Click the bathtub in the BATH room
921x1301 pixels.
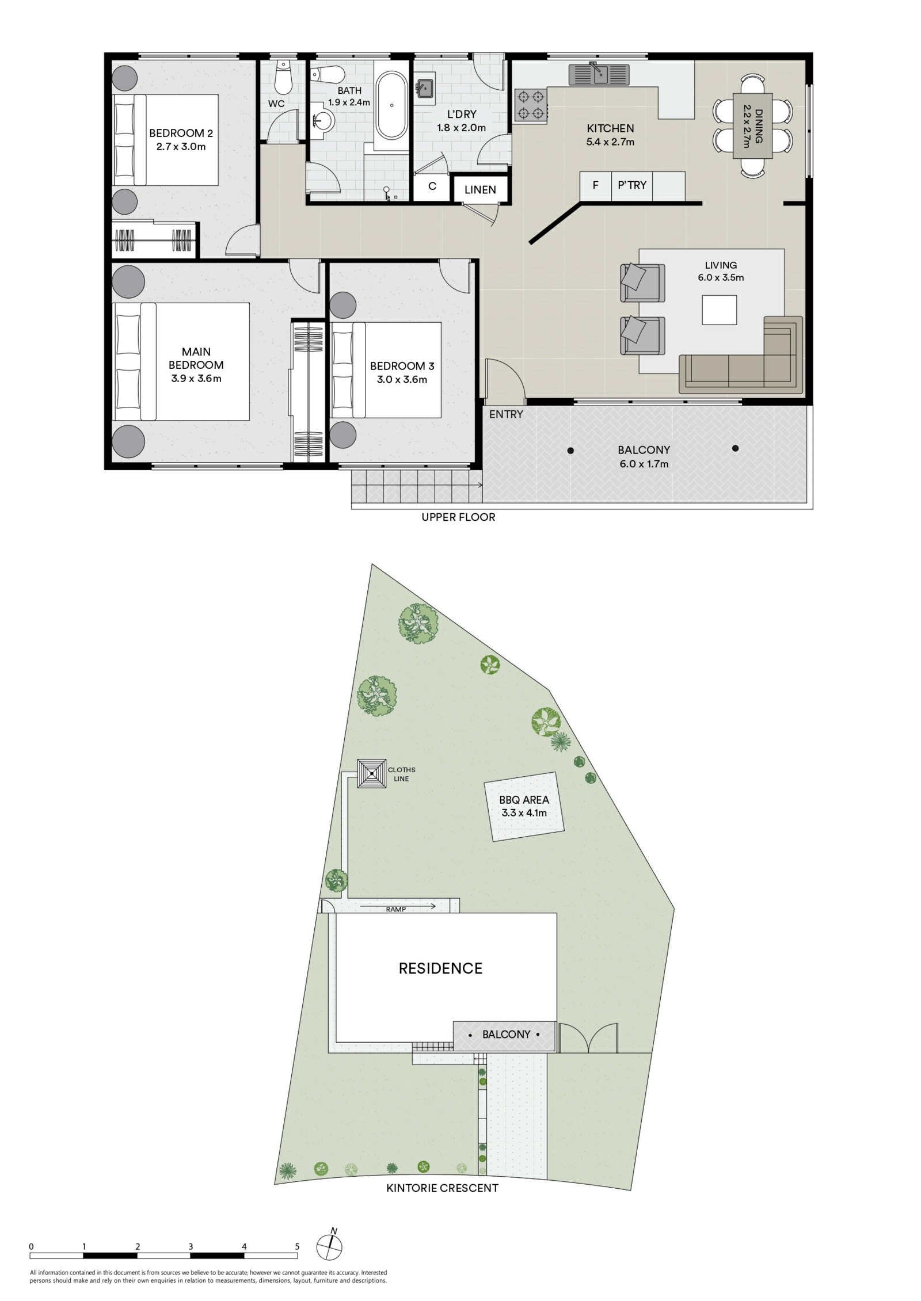391,105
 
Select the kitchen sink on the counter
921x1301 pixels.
599,75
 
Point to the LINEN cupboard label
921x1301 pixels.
480,190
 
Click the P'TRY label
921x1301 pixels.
632,185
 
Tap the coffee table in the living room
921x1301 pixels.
719,310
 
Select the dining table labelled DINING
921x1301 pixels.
752,125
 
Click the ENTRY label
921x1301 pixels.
506,414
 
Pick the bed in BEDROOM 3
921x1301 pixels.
386,370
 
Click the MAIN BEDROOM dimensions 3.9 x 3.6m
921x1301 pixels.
196,379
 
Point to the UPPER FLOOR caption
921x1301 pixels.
458,517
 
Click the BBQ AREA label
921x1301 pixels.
524,800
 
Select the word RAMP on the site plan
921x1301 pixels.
396,910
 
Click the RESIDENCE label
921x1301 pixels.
440,968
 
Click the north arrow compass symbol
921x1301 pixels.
330,1246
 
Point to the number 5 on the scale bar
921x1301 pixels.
297,1246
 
